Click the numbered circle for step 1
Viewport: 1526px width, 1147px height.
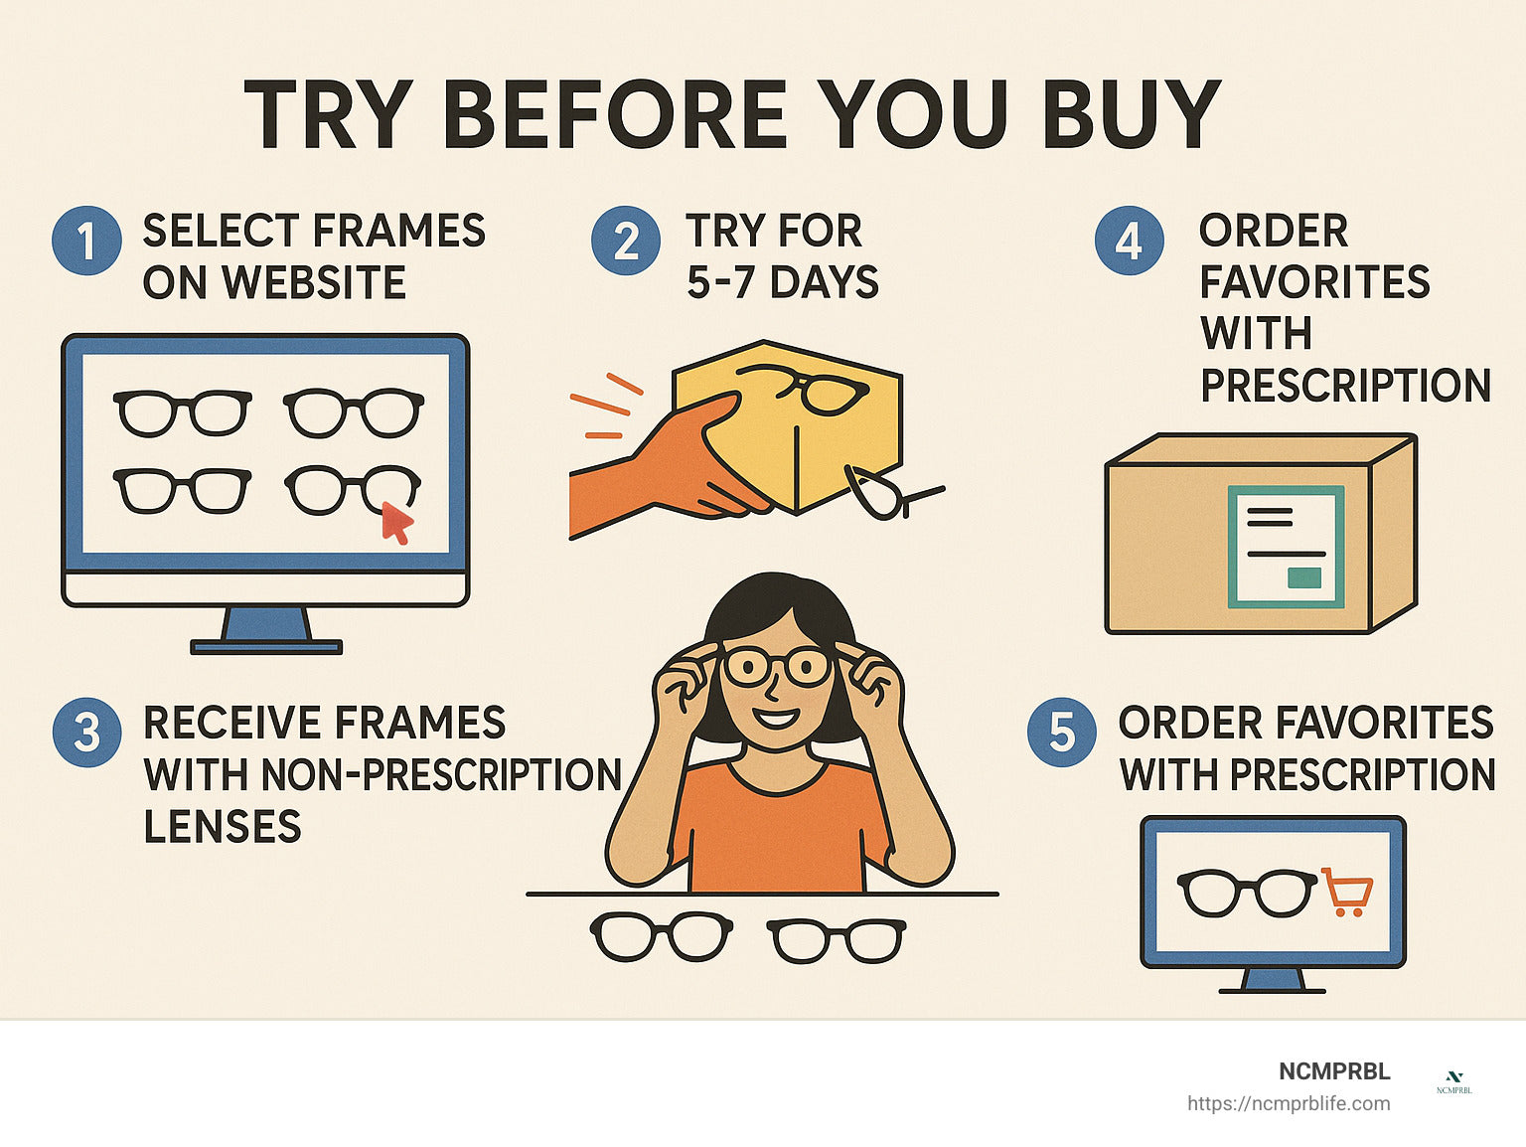[x=86, y=241]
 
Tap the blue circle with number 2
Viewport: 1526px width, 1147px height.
[x=626, y=241]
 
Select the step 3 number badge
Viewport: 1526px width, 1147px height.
[x=86, y=733]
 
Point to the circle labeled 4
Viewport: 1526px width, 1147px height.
[x=1129, y=241]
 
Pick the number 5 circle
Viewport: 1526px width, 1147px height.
[x=1062, y=733]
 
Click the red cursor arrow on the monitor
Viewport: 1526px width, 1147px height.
[x=397, y=523]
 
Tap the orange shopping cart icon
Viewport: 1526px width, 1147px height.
[x=1347, y=892]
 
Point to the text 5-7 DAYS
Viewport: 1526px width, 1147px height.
[x=783, y=282]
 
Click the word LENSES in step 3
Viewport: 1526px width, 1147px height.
[x=223, y=826]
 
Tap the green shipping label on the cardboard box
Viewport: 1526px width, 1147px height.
[x=1286, y=547]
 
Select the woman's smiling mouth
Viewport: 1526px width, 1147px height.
[x=776, y=718]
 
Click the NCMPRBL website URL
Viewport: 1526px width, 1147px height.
[x=1289, y=1104]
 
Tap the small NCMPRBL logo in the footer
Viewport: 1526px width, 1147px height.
[x=1453, y=1083]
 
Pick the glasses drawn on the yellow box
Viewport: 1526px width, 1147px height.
[x=807, y=391]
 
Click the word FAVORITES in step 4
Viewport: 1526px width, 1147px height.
[x=1314, y=282]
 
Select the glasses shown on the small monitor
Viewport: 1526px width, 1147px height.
[x=1247, y=893]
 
